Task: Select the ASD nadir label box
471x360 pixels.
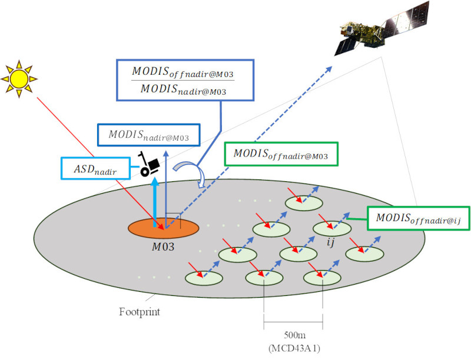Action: click(x=97, y=169)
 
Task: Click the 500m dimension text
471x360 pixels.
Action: click(x=293, y=334)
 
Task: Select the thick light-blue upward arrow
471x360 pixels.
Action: click(x=155, y=200)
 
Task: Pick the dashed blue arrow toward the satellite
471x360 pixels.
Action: click(x=247, y=147)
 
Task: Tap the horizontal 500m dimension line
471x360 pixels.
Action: click(x=293, y=322)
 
